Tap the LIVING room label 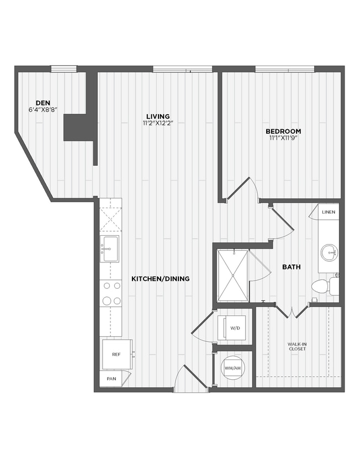point(158,116)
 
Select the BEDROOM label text point(283,131)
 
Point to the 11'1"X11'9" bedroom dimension point(283,138)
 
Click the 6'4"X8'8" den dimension point(44,109)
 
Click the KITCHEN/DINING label point(160,279)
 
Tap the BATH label point(292,267)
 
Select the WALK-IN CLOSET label point(297,347)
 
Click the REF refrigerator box point(117,354)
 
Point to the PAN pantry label point(111,379)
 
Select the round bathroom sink point(330,254)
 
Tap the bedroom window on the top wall point(284,69)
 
